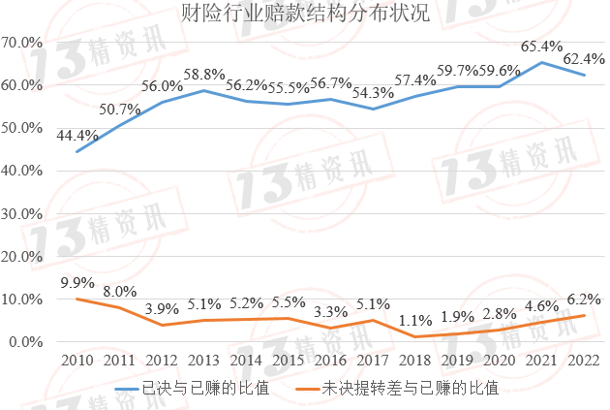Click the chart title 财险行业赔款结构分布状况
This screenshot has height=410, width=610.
[x=305, y=14]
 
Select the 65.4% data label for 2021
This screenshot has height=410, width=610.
[x=541, y=45]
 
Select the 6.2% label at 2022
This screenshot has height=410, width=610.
[x=584, y=300]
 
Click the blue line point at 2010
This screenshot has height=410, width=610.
[x=76, y=152]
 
